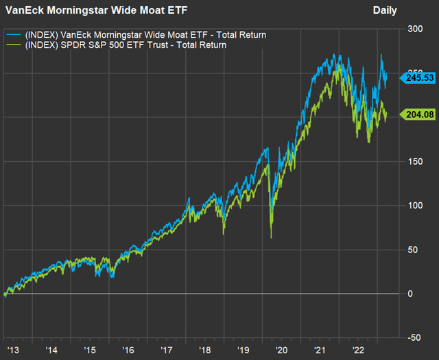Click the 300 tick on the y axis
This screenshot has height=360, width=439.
(414, 29)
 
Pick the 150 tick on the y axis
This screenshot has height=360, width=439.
(414, 161)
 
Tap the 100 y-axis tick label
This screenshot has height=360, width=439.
(414, 205)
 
